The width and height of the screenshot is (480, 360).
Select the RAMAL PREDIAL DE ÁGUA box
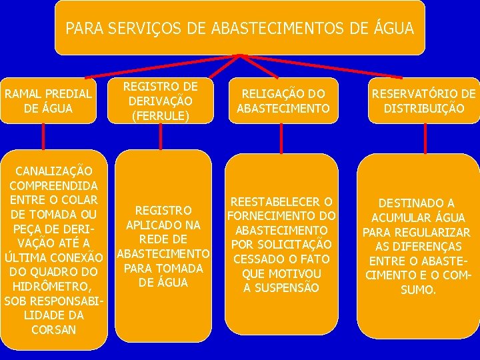[49, 101]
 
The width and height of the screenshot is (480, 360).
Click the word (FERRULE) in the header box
[160, 116]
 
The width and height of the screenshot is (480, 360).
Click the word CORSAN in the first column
[53, 329]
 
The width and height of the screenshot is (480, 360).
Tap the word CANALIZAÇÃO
[53, 170]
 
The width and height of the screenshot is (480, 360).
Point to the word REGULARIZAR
[437, 232]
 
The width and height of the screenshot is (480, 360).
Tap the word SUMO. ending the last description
[417, 290]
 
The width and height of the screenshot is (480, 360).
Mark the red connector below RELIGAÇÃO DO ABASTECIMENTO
[281, 138]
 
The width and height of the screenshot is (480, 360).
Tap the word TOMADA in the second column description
[178, 268]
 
